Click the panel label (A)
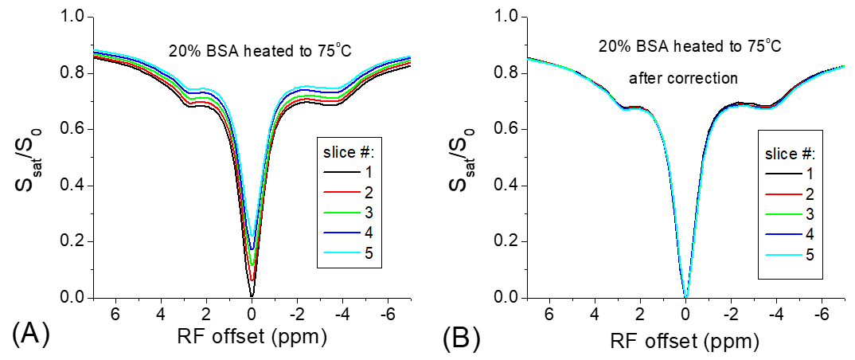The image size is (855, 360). pos(31,335)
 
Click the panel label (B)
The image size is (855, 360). pos(461,340)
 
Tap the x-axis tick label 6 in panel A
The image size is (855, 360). pos(116,315)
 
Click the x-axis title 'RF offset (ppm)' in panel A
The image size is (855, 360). pos(252,338)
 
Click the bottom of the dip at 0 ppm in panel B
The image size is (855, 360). pos(686,295)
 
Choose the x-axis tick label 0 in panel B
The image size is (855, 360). pos(686,315)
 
